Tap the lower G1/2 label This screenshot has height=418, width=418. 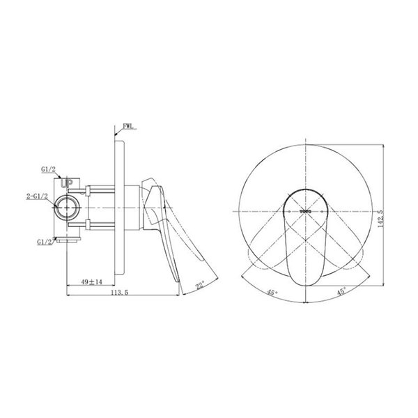[47, 242]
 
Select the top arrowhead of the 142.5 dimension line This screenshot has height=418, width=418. [385, 144]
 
